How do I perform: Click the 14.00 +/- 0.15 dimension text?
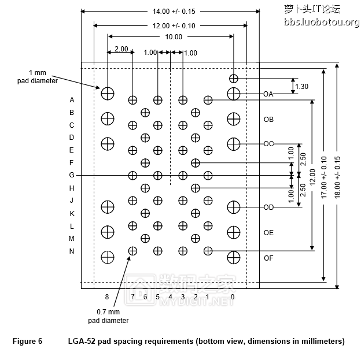170,12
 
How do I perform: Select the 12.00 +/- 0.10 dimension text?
170,25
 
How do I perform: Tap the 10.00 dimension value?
173,37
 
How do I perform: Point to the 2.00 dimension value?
121,49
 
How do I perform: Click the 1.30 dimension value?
301,87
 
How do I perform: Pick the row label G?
72,175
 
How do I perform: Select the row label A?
72,100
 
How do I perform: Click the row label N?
72,251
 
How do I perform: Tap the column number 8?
107,296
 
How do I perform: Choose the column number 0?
233,296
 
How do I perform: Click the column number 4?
170,296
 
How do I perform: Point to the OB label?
268,120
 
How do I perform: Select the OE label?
268,233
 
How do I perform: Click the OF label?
268,258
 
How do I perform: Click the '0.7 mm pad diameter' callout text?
108,316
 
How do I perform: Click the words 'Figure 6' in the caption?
27,341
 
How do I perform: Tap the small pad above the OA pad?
233,78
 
